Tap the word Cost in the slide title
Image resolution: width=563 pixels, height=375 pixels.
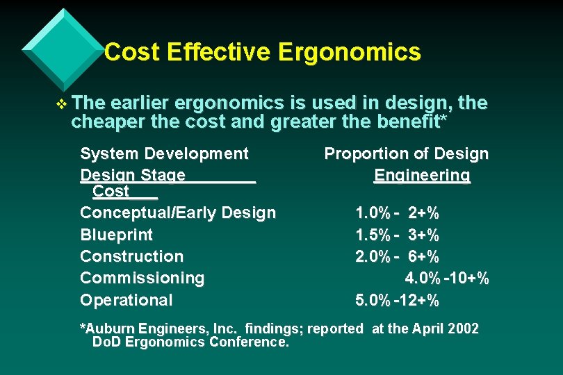(133, 52)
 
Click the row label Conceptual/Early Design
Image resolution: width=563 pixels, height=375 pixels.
(178, 212)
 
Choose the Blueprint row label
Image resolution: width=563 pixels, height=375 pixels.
(116, 235)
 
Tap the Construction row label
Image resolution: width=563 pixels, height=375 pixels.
(131, 256)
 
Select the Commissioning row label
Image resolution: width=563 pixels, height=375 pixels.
(142, 278)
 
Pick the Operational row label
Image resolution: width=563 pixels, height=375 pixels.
(126, 301)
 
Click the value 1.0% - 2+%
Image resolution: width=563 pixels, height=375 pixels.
(397, 212)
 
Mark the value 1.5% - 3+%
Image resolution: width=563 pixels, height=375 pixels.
(397, 235)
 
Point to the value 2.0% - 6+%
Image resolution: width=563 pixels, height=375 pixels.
(397, 256)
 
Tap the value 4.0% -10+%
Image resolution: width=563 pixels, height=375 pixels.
(447, 278)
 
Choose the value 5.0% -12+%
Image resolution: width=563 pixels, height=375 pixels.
(397, 301)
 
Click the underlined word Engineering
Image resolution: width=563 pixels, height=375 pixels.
(422, 175)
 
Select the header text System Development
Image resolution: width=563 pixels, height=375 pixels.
(164, 153)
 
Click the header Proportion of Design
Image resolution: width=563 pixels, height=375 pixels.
(406, 153)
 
